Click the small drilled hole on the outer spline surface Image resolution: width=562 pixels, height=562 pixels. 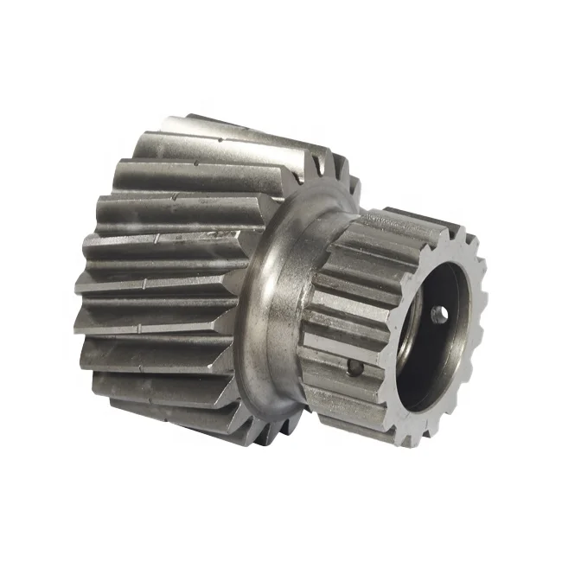pos(354,369)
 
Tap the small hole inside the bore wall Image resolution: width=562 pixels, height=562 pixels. pos(440,315)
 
